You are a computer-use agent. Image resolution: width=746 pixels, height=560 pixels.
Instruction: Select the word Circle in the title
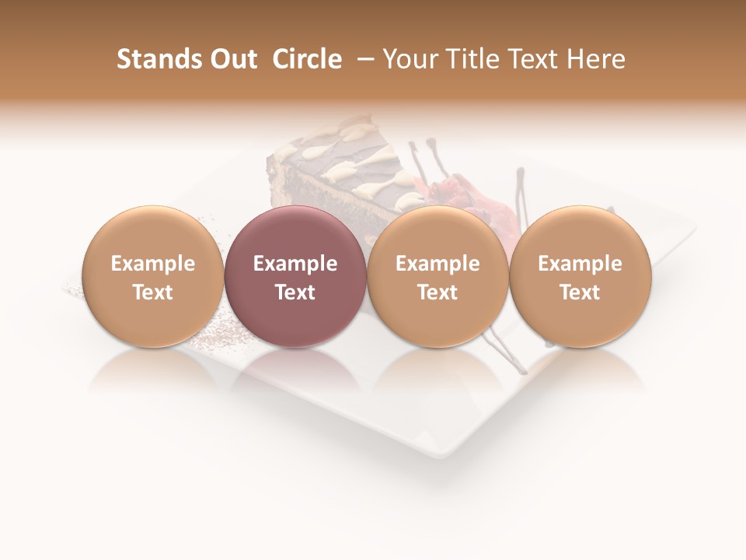click(307, 59)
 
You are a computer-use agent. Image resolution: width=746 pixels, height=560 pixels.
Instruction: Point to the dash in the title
click(362, 59)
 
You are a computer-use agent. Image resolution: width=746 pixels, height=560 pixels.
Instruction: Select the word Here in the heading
click(596, 59)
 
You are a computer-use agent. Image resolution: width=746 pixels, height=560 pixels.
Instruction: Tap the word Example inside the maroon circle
click(295, 264)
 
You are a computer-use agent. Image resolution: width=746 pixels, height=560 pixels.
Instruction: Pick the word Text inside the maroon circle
click(295, 292)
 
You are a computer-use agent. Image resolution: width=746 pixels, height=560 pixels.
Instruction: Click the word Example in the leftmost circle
click(152, 264)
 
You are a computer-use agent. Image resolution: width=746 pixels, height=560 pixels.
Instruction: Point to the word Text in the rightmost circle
click(580, 292)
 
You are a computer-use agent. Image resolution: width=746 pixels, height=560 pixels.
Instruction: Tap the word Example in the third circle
click(437, 264)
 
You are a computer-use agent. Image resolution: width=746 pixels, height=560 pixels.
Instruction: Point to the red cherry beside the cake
click(451, 191)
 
